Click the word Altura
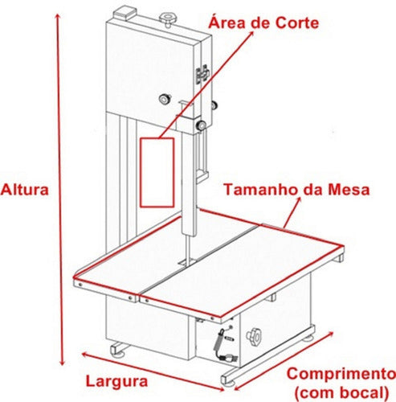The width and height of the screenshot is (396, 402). [x=25, y=191]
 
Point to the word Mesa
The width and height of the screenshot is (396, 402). [x=350, y=191]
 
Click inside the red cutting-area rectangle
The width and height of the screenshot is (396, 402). [x=157, y=171]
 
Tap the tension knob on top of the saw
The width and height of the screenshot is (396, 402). [x=169, y=16]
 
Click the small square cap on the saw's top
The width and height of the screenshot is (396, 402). [x=125, y=13]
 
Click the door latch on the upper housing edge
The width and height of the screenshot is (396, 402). [x=202, y=75]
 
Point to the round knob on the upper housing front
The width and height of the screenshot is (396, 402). [x=165, y=99]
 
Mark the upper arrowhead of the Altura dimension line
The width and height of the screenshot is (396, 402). [x=57, y=16]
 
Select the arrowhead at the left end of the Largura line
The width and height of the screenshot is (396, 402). [x=81, y=354]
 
